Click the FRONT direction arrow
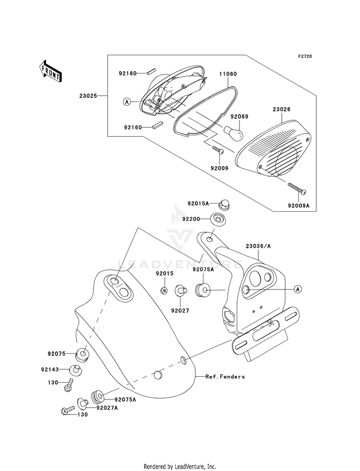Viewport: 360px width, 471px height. pyautogui.click(x=50, y=71)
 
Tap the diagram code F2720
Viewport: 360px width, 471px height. pyautogui.click(x=305, y=56)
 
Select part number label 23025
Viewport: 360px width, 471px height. pyautogui.click(x=88, y=96)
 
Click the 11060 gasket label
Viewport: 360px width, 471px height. pyautogui.click(x=228, y=73)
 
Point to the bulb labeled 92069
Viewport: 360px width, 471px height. pyautogui.click(x=234, y=131)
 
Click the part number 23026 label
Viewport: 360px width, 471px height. pyautogui.click(x=282, y=109)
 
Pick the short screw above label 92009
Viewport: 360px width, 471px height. pyautogui.click(x=218, y=150)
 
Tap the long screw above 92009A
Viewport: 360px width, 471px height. pyautogui.click(x=297, y=188)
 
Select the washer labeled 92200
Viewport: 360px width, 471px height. pyautogui.click(x=218, y=218)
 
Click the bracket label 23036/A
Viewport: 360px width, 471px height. pyautogui.click(x=258, y=246)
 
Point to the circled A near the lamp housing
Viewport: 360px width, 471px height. pyautogui.click(x=127, y=102)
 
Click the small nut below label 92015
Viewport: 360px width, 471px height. pyautogui.click(x=165, y=290)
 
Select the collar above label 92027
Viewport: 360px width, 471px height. pyautogui.click(x=181, y=290)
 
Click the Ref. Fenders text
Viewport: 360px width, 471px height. pyautogui.click(x=225, y=376)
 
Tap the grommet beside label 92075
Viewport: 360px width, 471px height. pyautogui.click(x=82, y=354)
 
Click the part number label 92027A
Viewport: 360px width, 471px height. pyautogui.click(x=107, y=408)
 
